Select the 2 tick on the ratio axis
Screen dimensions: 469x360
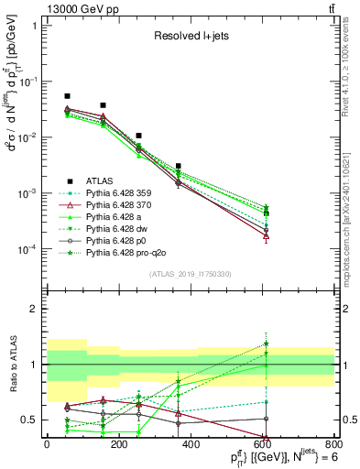tap(37, 309)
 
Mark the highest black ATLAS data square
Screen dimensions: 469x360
tap(67, 96)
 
